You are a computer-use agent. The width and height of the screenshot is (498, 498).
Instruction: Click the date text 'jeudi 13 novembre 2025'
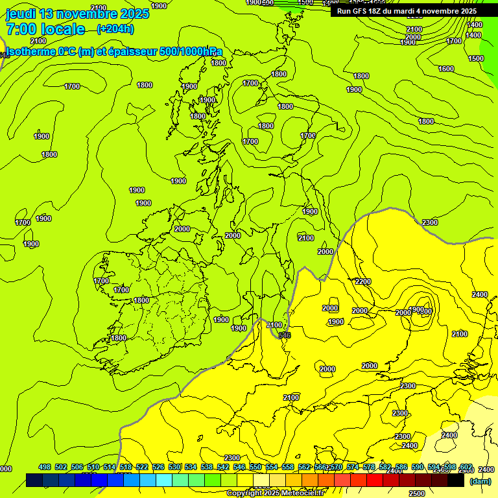[x=77, y=14]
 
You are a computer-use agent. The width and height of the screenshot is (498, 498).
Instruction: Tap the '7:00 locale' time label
[x=45, y=29]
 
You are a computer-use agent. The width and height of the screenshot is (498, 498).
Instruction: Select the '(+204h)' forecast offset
[x=115, y=29]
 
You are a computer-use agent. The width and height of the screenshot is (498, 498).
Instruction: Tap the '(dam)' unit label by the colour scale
[x=480, y=481]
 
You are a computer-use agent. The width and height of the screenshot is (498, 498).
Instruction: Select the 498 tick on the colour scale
[x=45, y=467]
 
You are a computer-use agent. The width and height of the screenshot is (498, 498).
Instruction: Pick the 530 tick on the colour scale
[x=175, y=467]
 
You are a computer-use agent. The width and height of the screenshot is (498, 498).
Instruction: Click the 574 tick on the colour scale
[x=352, y=467]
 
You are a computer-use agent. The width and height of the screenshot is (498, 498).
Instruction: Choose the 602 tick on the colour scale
[x=466, y=467]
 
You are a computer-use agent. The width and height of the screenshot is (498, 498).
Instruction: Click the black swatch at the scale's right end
[x=456, y=480]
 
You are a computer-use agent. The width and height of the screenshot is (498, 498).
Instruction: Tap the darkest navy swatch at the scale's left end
[x=34, y=480]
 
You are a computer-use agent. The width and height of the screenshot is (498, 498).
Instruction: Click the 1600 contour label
[x=446, y=69]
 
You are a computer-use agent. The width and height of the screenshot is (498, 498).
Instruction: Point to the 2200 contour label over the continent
[x=363, y=281]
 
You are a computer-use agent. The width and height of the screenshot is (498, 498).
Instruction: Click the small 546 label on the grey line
[x=285, y=335]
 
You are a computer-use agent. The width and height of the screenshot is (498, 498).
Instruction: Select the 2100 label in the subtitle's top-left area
[x=38, y=41]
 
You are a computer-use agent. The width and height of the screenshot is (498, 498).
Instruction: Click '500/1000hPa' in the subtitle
[x=192, y=52]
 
